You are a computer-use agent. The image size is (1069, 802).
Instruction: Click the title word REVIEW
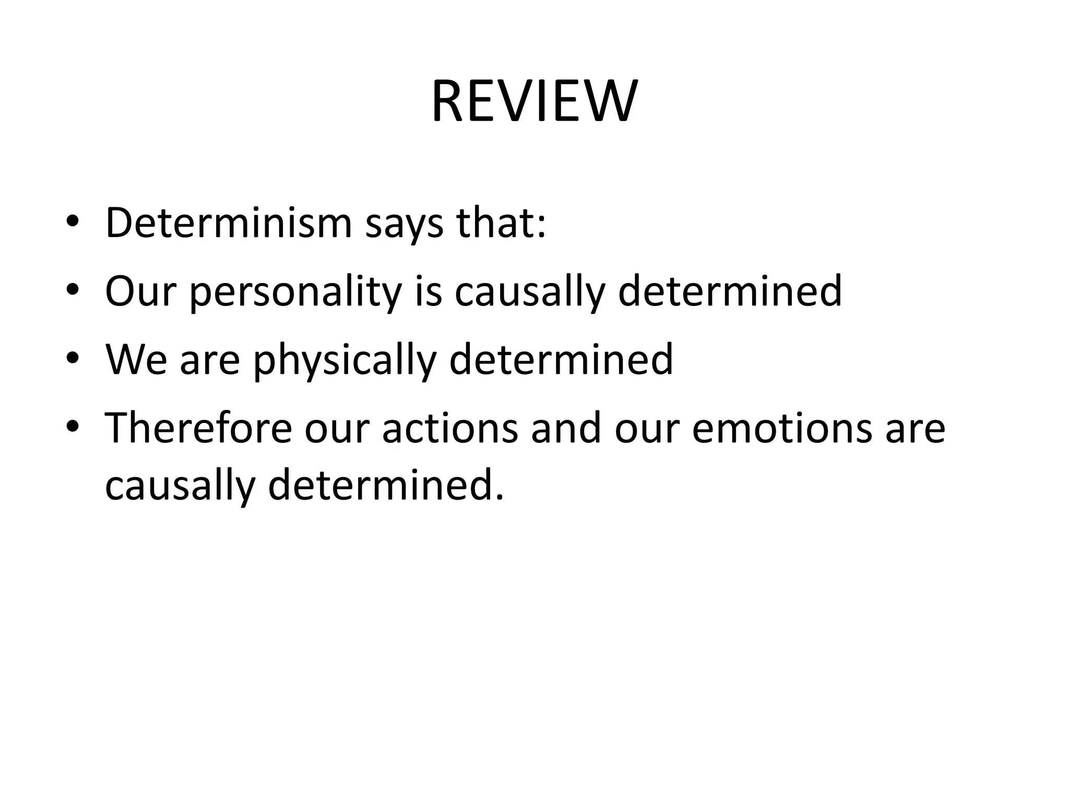tap(534, 101)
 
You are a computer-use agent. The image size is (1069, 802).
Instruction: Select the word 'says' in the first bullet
tap(405, 226)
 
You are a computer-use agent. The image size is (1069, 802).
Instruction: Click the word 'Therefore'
tap(198, 428)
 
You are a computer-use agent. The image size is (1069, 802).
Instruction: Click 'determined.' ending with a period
tap(386, 485)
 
